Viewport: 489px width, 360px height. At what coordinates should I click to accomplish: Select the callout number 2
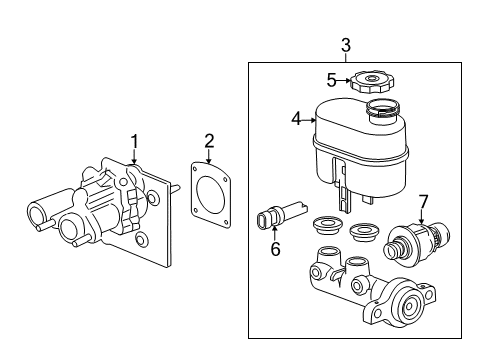click(209, 140)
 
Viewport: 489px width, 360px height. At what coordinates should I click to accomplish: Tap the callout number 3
click(345, 44)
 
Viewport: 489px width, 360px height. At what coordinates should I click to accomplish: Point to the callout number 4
click(295, 119)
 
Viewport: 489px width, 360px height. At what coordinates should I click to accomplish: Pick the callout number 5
click(331, 81)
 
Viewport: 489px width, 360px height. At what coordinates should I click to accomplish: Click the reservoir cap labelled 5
click(371, 80)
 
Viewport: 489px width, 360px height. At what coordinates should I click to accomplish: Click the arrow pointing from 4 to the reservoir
click(307, 120)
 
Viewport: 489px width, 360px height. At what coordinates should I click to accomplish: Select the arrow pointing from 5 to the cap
click(342, 81)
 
